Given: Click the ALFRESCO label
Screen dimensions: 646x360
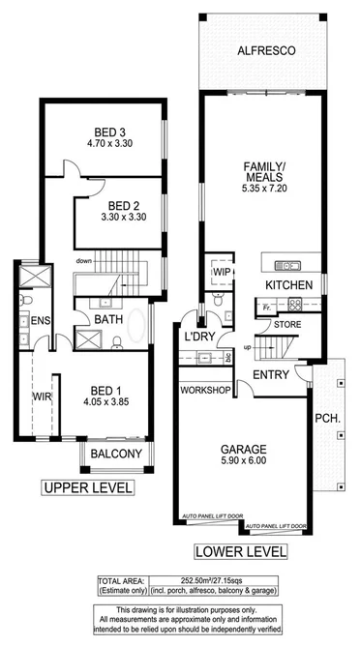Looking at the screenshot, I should click(x=264, y=49).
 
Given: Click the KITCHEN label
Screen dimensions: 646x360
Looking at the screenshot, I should click(x=289, y=285).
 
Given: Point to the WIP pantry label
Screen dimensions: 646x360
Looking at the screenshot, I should click(x=221, y=274).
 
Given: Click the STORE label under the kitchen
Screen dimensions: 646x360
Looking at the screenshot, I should click(x=287, y=325).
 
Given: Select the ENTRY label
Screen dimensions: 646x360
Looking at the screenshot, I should click(x=273, y=374).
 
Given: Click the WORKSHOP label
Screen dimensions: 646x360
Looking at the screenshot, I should click(x=203, y=391).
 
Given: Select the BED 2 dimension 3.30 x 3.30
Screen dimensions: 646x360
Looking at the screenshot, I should click(x=119, y=219).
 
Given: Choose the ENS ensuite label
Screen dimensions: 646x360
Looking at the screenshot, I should click(x=40, y=320).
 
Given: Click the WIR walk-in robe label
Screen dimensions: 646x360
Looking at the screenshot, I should click(x=41, y=396).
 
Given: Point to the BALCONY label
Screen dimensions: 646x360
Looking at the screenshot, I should click(x=116, y=454).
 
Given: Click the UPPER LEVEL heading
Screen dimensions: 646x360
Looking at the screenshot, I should click(x=86, y=489).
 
